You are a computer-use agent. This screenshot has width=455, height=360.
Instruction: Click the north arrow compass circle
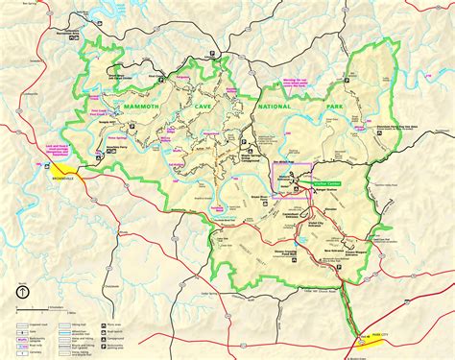click(20, 293)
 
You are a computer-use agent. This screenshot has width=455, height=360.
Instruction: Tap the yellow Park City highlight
click(365, 337)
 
